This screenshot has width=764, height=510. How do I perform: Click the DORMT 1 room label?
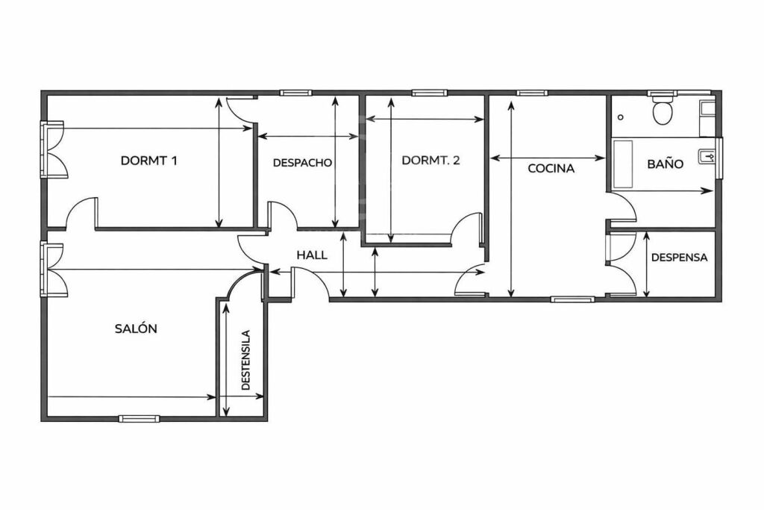click(148, 161)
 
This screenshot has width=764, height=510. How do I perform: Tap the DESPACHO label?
click(302, 163)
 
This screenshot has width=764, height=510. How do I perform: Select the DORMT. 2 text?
click(430, 161)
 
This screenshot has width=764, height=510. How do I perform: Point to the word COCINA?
click(551, 169)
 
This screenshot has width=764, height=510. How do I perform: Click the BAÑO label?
click(665, 163)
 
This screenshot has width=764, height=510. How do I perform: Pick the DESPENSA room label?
click(679, 258)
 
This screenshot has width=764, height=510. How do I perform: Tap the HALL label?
click(312, 255)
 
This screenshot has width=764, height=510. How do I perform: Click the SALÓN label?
click(136, 328)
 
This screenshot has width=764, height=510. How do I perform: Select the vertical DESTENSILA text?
click(246, 360)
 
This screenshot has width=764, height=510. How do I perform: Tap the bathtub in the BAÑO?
click(622, 164)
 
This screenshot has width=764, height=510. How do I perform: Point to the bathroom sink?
click(707, 156)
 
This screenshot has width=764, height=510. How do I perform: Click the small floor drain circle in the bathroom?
click(620, 117)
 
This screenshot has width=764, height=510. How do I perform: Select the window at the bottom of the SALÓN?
click(140, 418)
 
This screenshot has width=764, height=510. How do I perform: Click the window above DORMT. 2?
click(429, 93)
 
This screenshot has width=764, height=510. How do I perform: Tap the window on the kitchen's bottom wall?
click(573, 299)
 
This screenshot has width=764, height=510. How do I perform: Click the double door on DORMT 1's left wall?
click(52, 149)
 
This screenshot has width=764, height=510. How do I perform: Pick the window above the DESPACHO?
click(295, 93)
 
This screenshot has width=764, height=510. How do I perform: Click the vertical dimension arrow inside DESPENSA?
click(647, 264)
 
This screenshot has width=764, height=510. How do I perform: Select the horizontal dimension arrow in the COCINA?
click(548, 158)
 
